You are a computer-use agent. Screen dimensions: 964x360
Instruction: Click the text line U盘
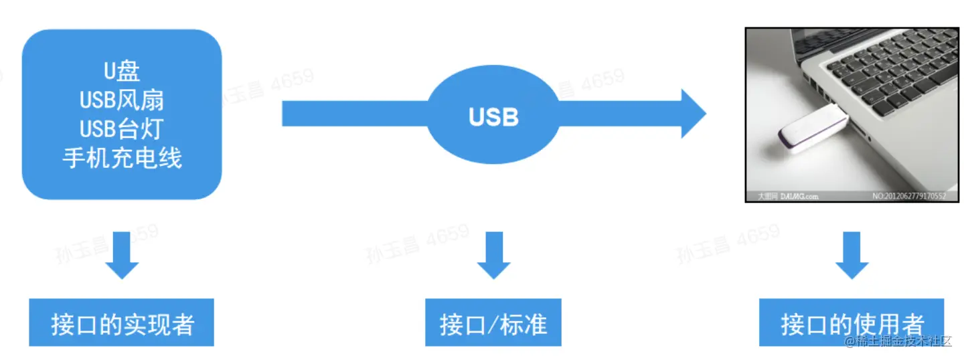(x=122, y=70)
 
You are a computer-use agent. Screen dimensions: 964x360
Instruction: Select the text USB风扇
(x=122, y=100)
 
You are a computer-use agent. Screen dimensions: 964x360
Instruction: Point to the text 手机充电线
(x=122, y=158)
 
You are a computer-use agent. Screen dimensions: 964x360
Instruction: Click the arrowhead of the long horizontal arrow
(x=694, y=113)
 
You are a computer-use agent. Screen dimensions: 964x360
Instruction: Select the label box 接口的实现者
(x=122, y=323)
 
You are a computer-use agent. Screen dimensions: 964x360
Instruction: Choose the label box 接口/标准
(x=493, y=323)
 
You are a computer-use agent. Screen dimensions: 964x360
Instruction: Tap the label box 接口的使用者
(x=852, y=323)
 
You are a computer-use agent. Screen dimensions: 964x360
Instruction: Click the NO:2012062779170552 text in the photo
(x=909, y=197)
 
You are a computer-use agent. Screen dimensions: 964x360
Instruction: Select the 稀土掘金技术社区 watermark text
(x=898, y=342)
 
